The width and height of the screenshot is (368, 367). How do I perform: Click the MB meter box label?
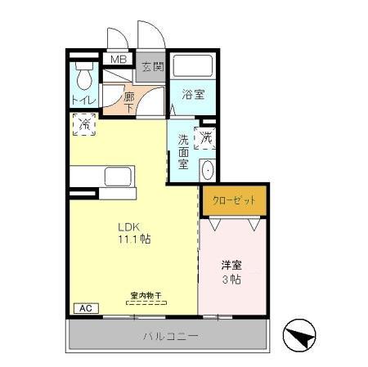pos(119,60)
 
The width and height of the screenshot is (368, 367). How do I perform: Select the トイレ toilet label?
pos(83,100)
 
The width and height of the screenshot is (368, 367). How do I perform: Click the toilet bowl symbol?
pos(83,78)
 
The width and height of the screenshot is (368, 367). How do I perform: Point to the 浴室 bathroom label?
pos(193,95)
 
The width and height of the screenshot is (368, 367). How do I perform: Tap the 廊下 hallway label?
pos(128,101)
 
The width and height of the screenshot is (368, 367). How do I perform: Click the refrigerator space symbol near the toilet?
pos(85,124)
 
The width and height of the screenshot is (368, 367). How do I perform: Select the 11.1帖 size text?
pos(132,240)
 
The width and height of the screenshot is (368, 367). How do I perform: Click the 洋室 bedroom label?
pos(231,265)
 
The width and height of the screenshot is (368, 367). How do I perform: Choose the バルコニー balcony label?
pos(171,336)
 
